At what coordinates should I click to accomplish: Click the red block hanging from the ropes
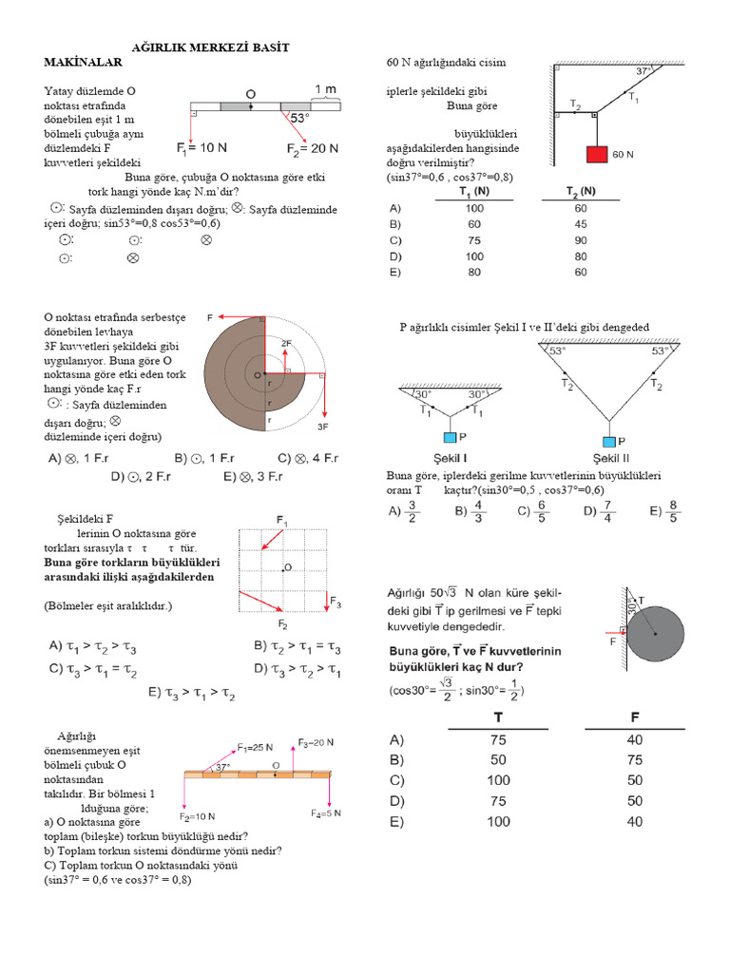[x=596, y=154]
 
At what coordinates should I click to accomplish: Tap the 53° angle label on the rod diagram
[x=300, y=119]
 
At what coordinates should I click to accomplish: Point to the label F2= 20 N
[x=313, y=148]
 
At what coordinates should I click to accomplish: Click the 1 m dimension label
[x=325, y=88]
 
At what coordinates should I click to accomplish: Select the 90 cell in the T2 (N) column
[x=581, y=240]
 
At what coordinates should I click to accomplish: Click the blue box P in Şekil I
[x=451, y=439]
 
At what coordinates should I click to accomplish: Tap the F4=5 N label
[x=326, y=813]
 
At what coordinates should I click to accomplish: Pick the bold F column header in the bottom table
[x=634, y=715]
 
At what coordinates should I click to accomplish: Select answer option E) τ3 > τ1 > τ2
[x=191, y=694]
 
